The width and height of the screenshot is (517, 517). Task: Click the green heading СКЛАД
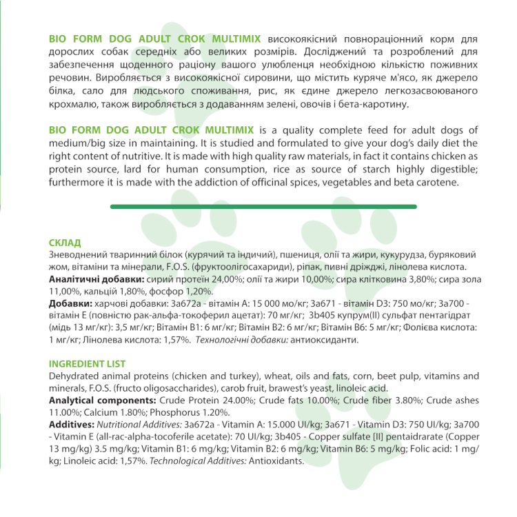pyautogui.click(x=65, y=243)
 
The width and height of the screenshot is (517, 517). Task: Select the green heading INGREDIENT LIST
pyautogui.click(x=86, y=364)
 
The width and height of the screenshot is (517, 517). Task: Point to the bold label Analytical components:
pyautogui.click(x=103, y=401)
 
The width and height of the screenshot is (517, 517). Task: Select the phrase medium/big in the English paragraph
pyautogui.click(x=79, y=144)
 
